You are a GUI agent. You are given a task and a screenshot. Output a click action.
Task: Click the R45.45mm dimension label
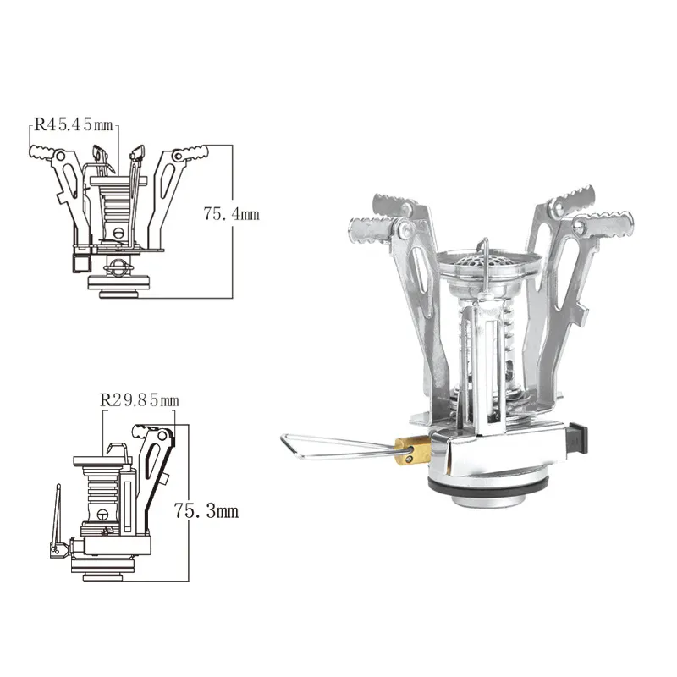tap(74, 124)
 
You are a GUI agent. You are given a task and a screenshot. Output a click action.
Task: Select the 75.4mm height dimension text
tap(231, 214)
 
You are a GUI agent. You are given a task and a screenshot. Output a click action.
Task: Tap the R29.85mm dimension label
tap(140, 400)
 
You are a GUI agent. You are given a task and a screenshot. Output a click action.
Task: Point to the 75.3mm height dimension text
tap(206, 511)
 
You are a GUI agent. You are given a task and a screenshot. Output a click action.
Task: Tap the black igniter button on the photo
tap(578, 438)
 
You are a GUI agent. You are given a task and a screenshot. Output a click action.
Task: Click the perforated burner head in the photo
tap(488, 261)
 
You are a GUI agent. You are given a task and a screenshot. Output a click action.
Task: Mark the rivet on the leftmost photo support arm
tap(405, 228)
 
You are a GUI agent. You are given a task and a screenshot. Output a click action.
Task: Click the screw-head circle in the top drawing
tap(120, 233)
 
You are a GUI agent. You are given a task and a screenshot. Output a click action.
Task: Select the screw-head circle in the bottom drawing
tap(102, 515)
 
